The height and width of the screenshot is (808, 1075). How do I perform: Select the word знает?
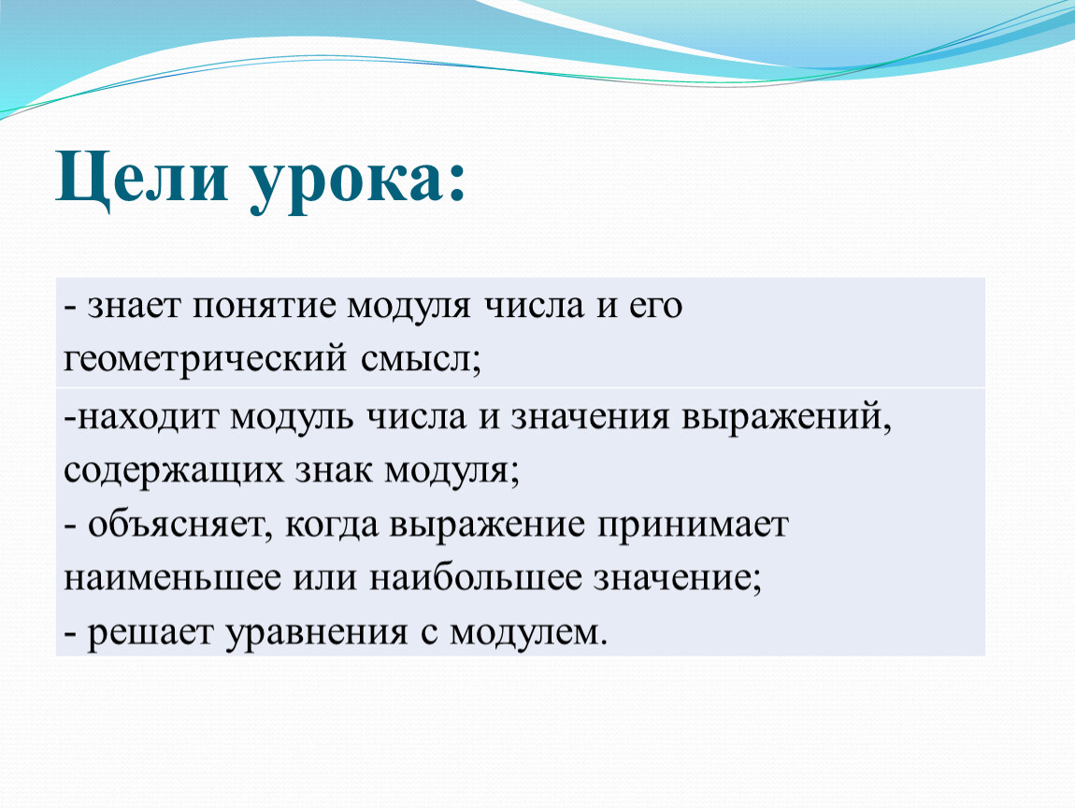click(x=134, y=307)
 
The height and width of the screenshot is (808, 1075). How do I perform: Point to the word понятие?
click(x=265, y=307)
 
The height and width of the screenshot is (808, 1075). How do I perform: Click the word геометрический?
click(x=205, y=360)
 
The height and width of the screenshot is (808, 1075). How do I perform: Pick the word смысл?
click(x=415, y=360)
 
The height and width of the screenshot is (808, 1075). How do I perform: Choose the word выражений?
click(x=781, y=418)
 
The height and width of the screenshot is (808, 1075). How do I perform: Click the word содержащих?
click(x=174, y=472)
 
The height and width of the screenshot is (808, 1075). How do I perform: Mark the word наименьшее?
click(x=173, y=578)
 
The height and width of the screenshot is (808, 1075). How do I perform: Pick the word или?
click(x=325, y=578)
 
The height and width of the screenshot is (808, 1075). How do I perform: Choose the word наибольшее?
click(x=476, y=577)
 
